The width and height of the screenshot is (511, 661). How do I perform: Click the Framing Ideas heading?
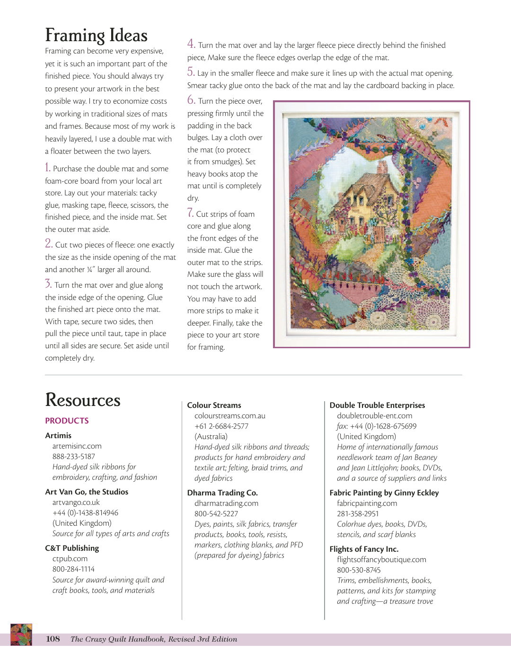96,35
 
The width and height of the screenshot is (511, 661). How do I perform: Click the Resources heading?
83,400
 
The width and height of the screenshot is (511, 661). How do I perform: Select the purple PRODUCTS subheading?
67,421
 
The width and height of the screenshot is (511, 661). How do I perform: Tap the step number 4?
191,44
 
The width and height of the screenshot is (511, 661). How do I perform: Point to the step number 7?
190,213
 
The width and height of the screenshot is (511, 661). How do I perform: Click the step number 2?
49,244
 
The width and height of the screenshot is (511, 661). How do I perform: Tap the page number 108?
53,639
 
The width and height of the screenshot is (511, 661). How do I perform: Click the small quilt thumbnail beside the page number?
21,635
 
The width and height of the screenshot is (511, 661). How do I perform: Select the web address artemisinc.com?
77,446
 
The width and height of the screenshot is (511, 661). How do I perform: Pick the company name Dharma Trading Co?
222,493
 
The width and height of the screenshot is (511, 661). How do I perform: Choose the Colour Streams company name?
214,405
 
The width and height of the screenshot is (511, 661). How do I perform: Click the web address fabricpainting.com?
367,503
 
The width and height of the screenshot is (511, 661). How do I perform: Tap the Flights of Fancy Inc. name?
364,549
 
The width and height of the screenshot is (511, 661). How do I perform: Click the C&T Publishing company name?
72,548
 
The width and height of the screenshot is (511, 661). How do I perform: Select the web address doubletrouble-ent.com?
374,415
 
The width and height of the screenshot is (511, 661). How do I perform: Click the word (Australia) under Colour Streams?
211,436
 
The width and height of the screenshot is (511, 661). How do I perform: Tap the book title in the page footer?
154,639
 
